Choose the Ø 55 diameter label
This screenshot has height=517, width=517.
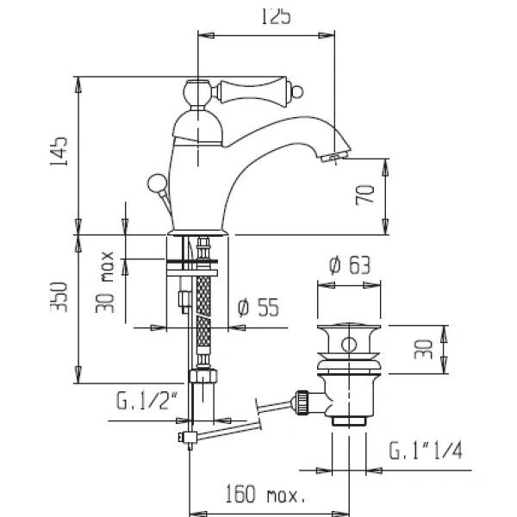(259, 308)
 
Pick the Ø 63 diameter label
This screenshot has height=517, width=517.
(348, 266)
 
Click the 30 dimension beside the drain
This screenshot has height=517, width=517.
(423, 349)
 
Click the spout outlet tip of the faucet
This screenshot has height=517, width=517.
(332, 158)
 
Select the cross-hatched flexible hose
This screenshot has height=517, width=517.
(204, 319)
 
